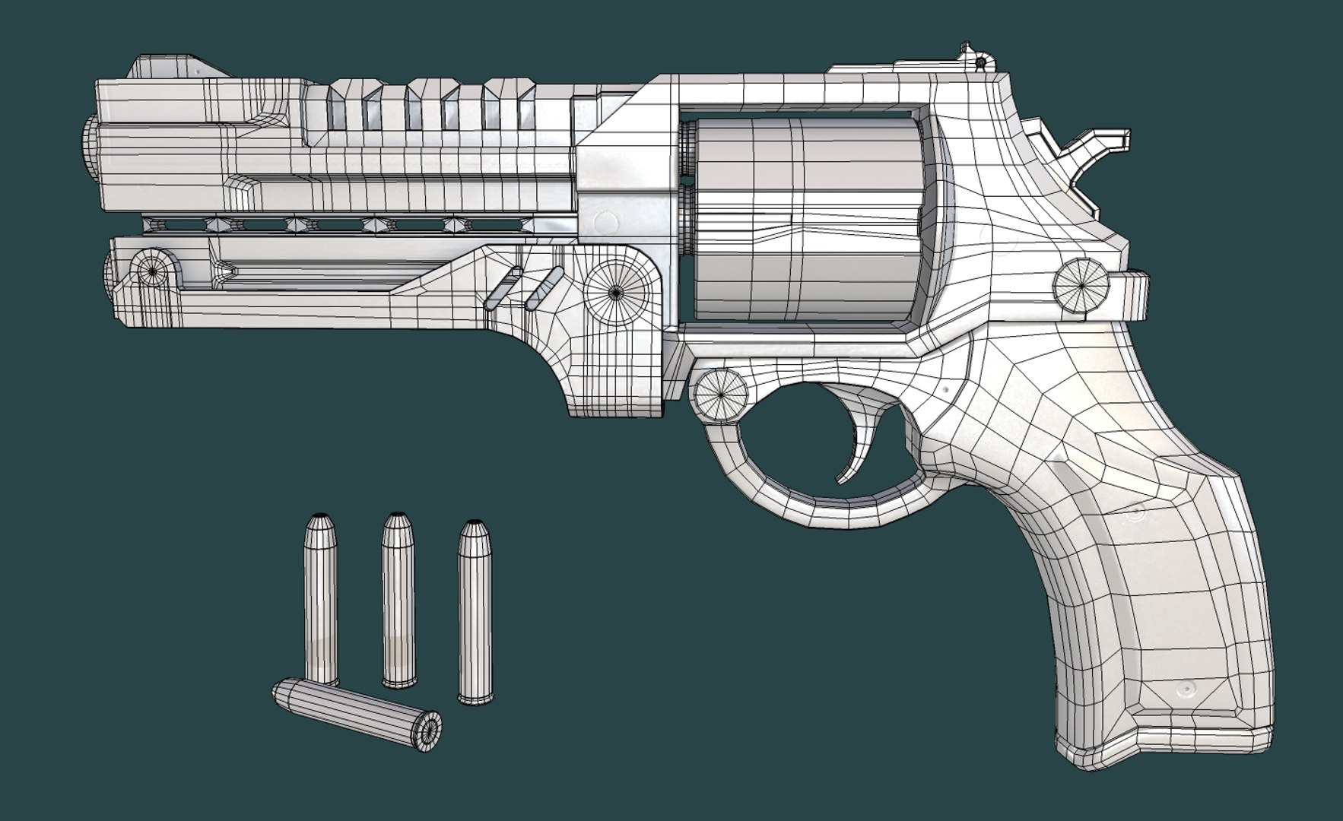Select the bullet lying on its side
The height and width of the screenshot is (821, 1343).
click(357, 710)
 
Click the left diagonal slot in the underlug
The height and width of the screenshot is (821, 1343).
click(503, 288)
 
